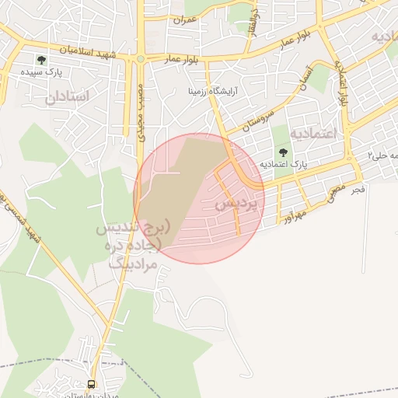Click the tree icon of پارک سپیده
click(41, 60)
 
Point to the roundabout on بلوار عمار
click(141, 58)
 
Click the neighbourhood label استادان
click(68, 97)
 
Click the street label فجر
click(357, 189)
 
